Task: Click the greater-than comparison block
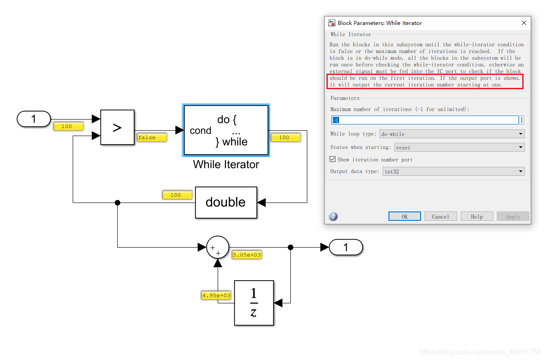point(117,128)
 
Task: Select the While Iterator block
point(226,130)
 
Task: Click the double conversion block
point(226,202)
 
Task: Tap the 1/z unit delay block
point(254,303)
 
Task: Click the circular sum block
point(218,248)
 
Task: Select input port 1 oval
point(34,119)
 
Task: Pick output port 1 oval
point(346,247)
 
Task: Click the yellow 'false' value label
point(152,138)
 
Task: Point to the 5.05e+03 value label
point(247,255)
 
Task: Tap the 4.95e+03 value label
point(216,295)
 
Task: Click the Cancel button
point(440,216)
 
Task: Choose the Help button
point(477,216)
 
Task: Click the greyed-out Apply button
point(513,216)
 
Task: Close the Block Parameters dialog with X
point(524,23)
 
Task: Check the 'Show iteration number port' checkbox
point(332,159)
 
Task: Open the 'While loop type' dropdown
point(451,134)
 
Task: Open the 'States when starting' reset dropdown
point(459,147)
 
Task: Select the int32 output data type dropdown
point(453,171)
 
